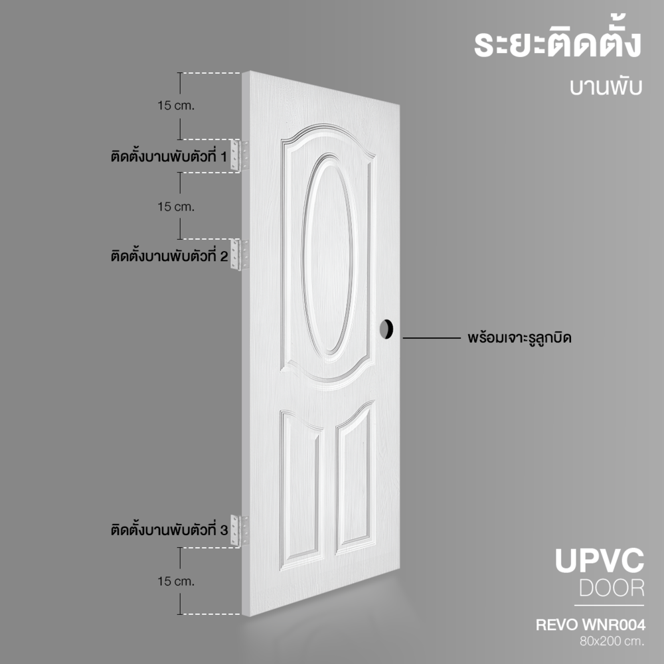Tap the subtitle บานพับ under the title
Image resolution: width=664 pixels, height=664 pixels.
point(606,86)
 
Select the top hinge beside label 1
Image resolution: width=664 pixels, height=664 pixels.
point(239,155)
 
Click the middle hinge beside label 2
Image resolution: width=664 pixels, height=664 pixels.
point(239,255)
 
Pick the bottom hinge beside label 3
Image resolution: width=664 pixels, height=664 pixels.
point(239,531)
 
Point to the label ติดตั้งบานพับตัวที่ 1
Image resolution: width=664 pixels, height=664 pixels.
point(169,156)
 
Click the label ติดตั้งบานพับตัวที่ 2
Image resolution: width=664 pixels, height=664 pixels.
point(169,256)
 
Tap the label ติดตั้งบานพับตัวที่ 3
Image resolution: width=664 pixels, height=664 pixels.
point(169,529)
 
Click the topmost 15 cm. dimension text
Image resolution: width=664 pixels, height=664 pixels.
point(176,106)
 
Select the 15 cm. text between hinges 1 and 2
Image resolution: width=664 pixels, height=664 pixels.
point(176,207)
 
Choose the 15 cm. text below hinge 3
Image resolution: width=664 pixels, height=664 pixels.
point(176,582)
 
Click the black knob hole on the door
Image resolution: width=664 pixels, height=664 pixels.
point(386,329)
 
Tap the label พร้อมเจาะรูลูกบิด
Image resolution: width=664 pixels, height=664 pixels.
point(520,338)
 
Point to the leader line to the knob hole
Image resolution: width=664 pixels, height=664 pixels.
point(432,338)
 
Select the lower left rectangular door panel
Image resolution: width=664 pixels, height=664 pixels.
point(301,490)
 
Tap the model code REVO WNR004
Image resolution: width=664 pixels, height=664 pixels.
point(591,625)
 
